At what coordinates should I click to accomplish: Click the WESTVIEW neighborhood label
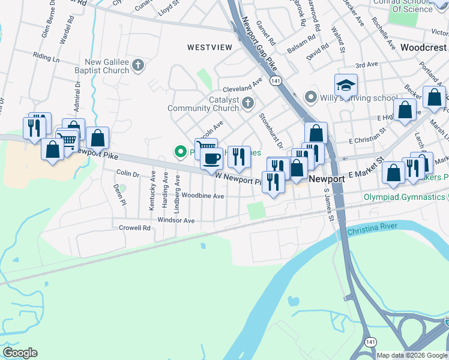(209, 47)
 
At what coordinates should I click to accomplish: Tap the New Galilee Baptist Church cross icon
(139, 65)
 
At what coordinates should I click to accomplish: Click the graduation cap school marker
(346, 86)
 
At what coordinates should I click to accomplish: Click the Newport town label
(327, 179)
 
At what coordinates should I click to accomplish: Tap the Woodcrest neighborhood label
(424, 47)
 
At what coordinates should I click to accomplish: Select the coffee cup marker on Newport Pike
(211, 159)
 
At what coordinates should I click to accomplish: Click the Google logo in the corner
(20, 353)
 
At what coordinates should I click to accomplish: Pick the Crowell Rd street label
(134, 228)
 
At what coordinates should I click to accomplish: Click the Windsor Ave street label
(176, 221)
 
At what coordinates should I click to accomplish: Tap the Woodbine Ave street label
(203, 196)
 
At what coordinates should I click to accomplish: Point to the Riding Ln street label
(46, 58)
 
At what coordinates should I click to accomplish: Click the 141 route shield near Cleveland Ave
(276, 80)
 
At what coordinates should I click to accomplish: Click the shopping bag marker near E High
(405, 109)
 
